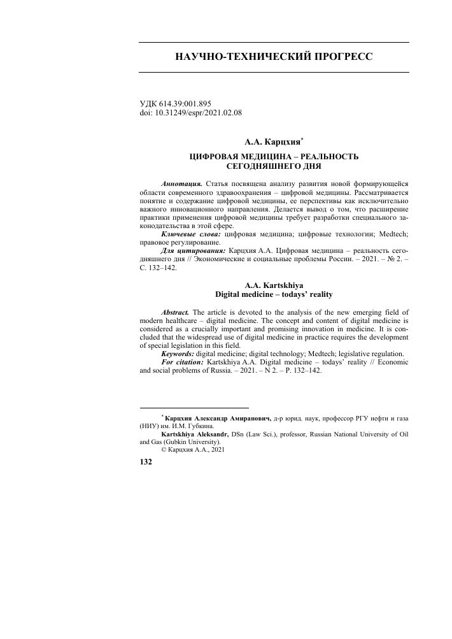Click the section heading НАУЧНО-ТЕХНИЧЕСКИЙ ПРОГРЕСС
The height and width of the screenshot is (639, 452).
274,57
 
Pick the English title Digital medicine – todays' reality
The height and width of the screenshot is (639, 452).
274,296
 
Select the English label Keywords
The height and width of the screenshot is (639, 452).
179,354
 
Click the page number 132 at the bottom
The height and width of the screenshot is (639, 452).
145,463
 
